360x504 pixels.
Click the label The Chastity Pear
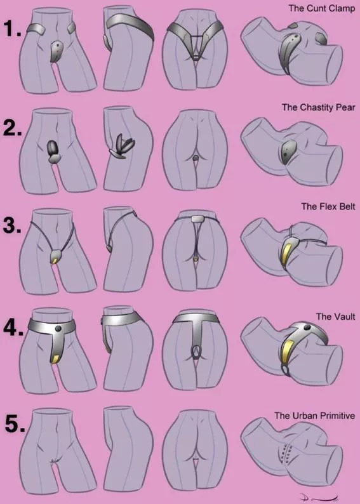click(x=318, y=107)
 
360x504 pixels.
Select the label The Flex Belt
click(x=328, y=206)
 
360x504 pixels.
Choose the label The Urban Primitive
click(x=314, y=416)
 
